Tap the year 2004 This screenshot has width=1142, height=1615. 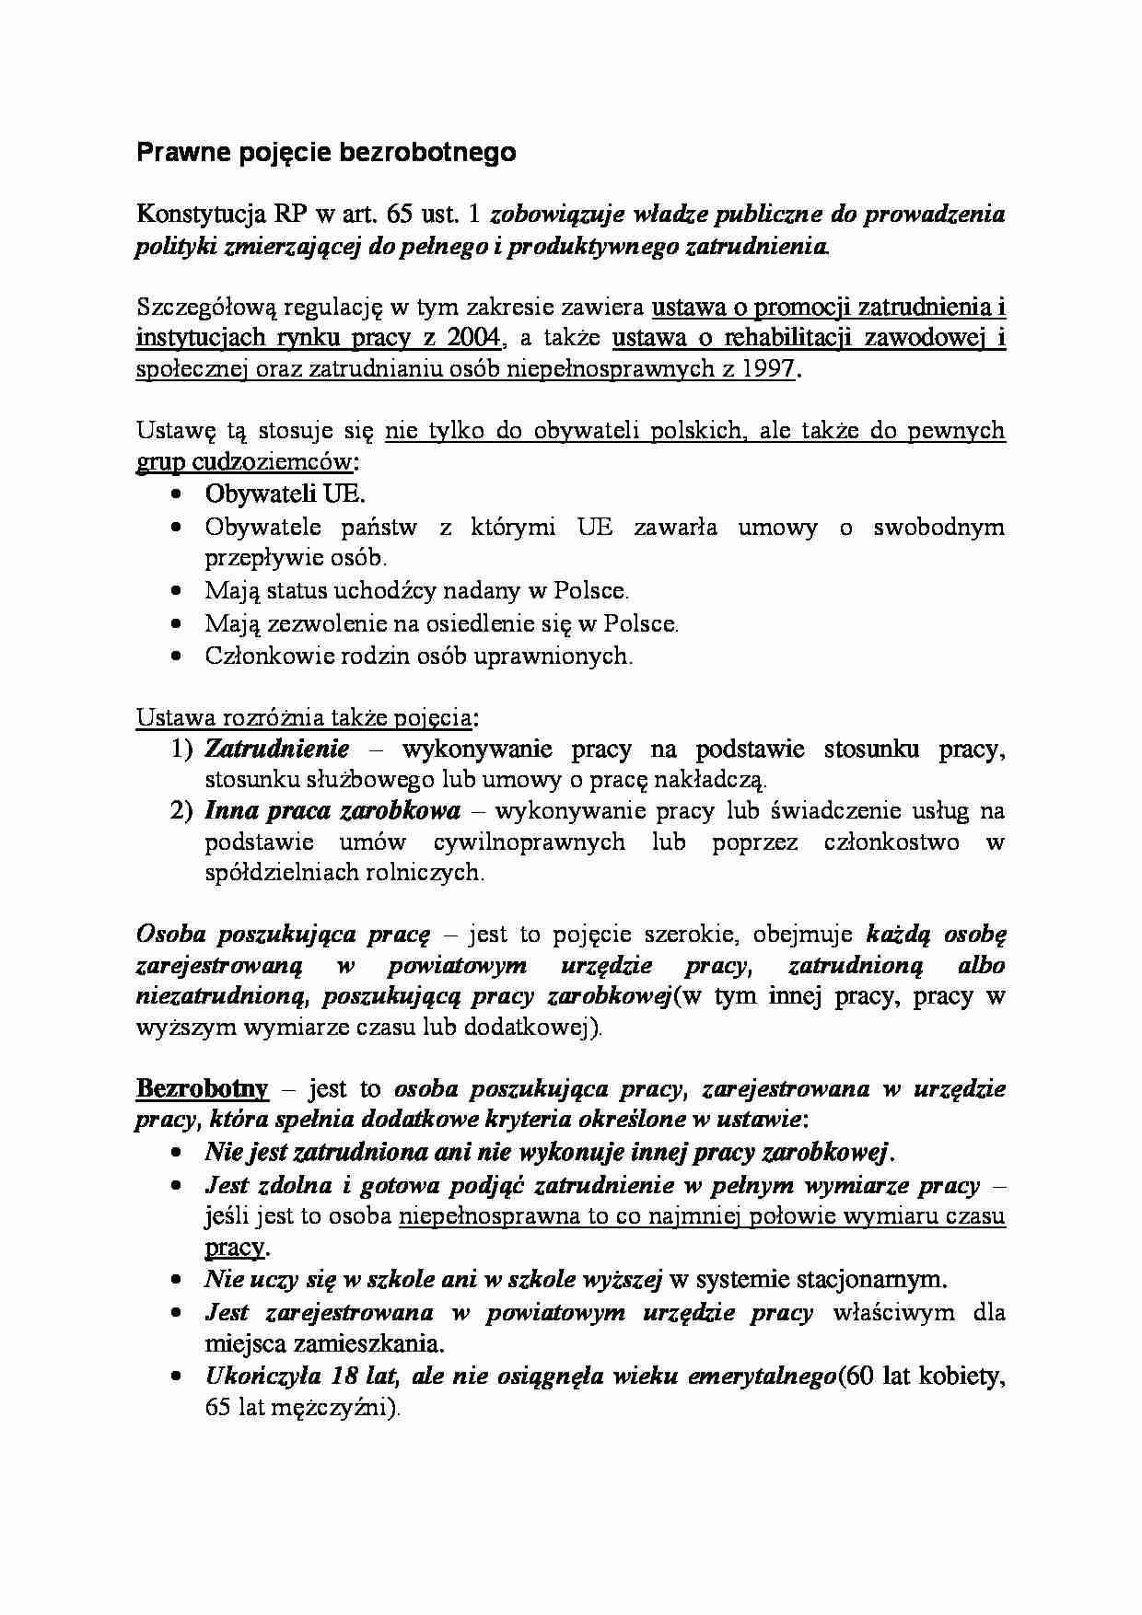[474, 338]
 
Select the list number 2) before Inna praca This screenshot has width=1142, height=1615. [182, 811]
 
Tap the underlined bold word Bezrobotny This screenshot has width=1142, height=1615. [202, 1089]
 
